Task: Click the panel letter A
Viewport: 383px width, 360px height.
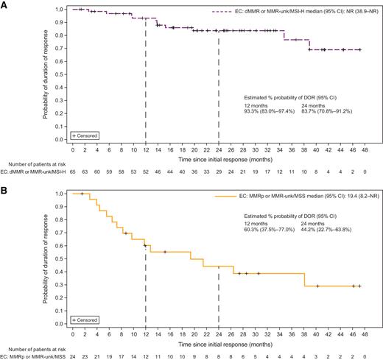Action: tap(5, 5)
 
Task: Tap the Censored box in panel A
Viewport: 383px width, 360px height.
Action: tap(84, 136)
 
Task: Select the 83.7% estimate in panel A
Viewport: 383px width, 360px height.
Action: tap(335, 110)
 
